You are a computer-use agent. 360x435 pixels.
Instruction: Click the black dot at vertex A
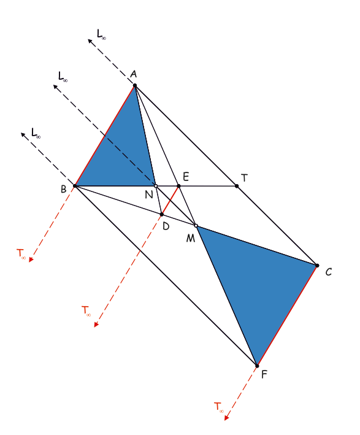click(134, 85)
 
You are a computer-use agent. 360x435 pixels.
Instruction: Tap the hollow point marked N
click(156, 186)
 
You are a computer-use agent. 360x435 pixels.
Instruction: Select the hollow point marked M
click(196, 226)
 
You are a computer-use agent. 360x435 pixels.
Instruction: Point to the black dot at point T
click(237, 186)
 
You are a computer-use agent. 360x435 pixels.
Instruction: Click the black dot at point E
click(178, 186)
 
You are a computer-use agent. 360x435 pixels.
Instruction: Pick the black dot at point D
click(162, 215)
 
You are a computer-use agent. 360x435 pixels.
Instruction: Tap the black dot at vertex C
click(317, 266)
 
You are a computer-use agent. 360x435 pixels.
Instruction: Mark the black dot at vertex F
click(257, 366)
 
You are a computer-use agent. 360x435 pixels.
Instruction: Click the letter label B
click(64, 189)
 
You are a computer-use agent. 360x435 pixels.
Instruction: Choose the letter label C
click(328, 272)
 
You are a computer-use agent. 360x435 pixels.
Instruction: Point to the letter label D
click(166, 226)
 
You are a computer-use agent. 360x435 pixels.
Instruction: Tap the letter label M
click(191, 238)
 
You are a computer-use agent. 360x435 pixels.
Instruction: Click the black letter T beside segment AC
click(244, 178)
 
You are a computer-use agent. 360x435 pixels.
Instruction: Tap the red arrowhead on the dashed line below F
click(226, 418)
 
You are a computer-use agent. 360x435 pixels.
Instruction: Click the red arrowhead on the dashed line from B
click(31, 260)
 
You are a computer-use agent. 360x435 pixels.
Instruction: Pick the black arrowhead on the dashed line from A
click(90, 41)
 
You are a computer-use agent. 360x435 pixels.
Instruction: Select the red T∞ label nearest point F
click(219, 407)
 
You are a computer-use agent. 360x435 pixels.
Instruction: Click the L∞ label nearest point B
click(36, 133)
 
